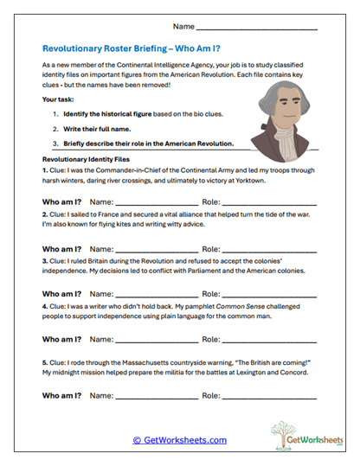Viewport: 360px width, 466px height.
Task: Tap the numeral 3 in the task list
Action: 55,144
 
